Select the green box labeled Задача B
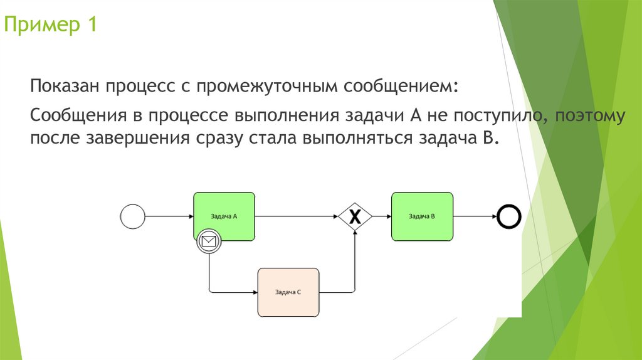click(421, 216)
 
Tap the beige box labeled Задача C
click(288, 292)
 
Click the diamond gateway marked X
click(355, 217)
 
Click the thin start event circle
click(132, 217)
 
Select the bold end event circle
click(509, 217)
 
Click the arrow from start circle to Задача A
click(169, 217)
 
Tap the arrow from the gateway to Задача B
click(382, 217)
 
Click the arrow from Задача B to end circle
click(475, 217)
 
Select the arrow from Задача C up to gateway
click(355, 263)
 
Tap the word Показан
click(65, 86)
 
